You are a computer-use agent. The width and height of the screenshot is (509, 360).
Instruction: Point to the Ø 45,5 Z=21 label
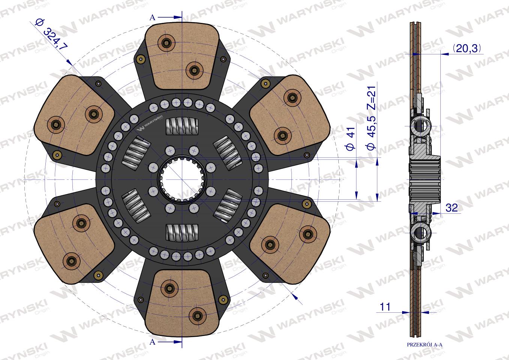click(x=372, y=118)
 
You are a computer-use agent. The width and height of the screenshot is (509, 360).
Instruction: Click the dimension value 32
click(x=452, y=208)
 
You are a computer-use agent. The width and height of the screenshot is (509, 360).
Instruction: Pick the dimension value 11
click(x=385, y=307)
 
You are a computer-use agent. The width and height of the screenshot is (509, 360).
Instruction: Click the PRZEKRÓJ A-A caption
click(x=425, y=345)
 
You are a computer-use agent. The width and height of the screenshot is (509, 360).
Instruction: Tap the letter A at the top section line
click(x=152, y=18)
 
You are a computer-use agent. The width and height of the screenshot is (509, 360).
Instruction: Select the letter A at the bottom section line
click(x=152, y=342)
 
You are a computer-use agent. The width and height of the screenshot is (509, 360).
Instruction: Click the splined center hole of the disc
click(x=182, y=179)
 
